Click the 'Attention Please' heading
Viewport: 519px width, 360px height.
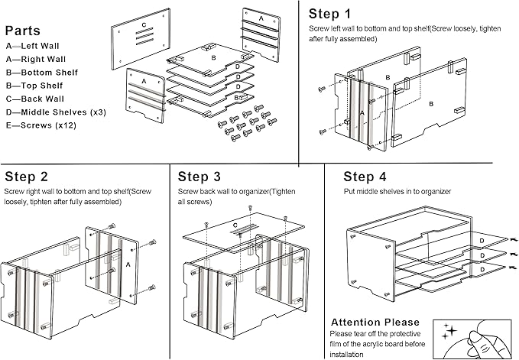pos(375,323)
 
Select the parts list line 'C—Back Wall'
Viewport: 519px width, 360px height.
pos(37,99)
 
